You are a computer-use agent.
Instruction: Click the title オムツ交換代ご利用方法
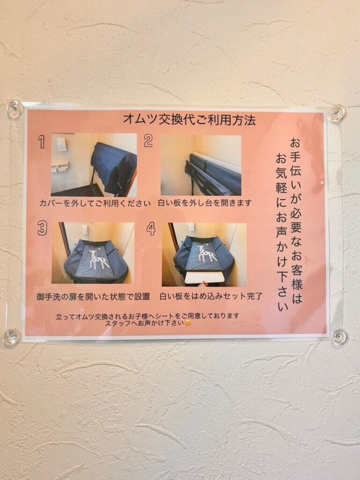pyautogui.click(x=189, y=120)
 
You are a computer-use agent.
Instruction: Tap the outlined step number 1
pyautogui.click(x=41, y=142)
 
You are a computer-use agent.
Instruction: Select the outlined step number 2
pyautogui.click(x=148, y=141)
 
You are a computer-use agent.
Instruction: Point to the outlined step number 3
pyautogui.click(x=42, y=228)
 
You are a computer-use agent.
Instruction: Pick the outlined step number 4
pyautogui.click(x=151, y=228)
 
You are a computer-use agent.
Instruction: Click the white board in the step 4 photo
pyautogui.click(x=205, y=277)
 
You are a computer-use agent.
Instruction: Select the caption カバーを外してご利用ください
pyautogui.click(x=95, y=203)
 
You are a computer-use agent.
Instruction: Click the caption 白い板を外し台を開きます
pyautogui.click(x=205, y=202)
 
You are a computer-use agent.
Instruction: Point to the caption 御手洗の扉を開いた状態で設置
pyautogui.click(x=93, y=296)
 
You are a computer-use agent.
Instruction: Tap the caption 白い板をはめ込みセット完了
pyautogui.click(x=211, y=296)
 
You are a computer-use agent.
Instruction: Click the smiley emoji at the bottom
pyautogui.click(x=187, y=323)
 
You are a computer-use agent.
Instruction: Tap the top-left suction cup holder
pyautogui.click(x=15, y=108)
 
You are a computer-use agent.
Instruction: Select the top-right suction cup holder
pyautogui.click(x=337, y=112)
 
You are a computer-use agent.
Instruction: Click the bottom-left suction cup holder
pyautogui.click(x=12, y=337)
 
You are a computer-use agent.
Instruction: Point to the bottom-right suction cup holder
pyautogui.click(x=339, y=337)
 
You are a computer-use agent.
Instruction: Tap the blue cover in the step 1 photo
pyautogui.click(x=113, y=167)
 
